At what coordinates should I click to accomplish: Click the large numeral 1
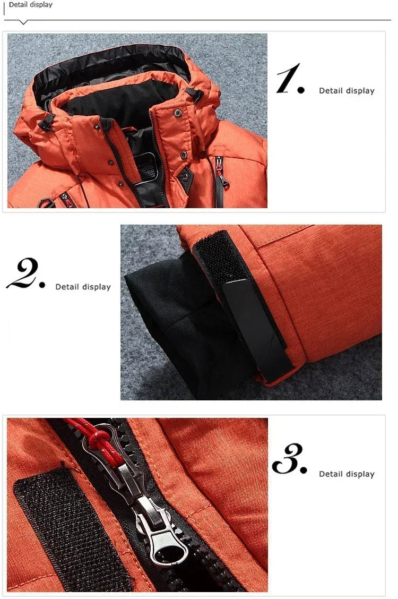coord(289,80)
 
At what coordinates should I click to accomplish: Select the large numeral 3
coord(289,459)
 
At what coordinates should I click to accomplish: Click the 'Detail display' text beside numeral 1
coord(347,91)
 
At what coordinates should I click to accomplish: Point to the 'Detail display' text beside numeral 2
coord(83,287)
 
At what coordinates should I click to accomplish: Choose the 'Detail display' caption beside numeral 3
coord(347,474)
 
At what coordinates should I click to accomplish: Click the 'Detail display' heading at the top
coord(31,5)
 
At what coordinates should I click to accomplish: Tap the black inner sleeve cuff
coord(175,329)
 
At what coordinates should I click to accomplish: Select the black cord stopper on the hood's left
coord(47,122)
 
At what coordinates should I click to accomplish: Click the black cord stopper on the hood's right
coord(197,96)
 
